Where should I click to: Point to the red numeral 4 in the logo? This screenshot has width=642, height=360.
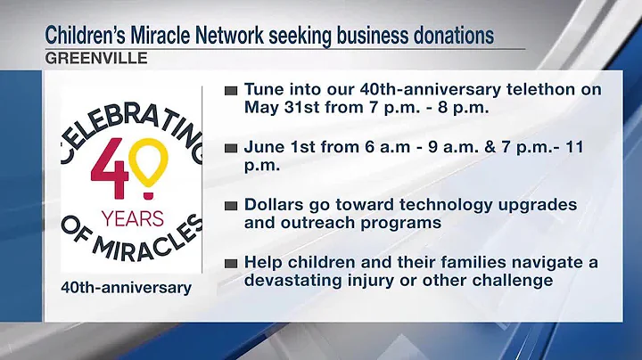pos(110,169)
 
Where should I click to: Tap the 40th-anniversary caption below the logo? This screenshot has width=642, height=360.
pos(113,287)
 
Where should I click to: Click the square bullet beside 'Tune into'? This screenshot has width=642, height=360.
pos(230,90)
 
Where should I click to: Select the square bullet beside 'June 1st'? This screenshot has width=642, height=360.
pos(230,147)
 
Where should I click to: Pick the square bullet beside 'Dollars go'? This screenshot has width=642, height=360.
pos(230,205)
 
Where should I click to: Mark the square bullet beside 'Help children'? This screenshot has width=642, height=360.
pos(230,263)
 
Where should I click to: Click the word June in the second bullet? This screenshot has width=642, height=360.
pos(264,147)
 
